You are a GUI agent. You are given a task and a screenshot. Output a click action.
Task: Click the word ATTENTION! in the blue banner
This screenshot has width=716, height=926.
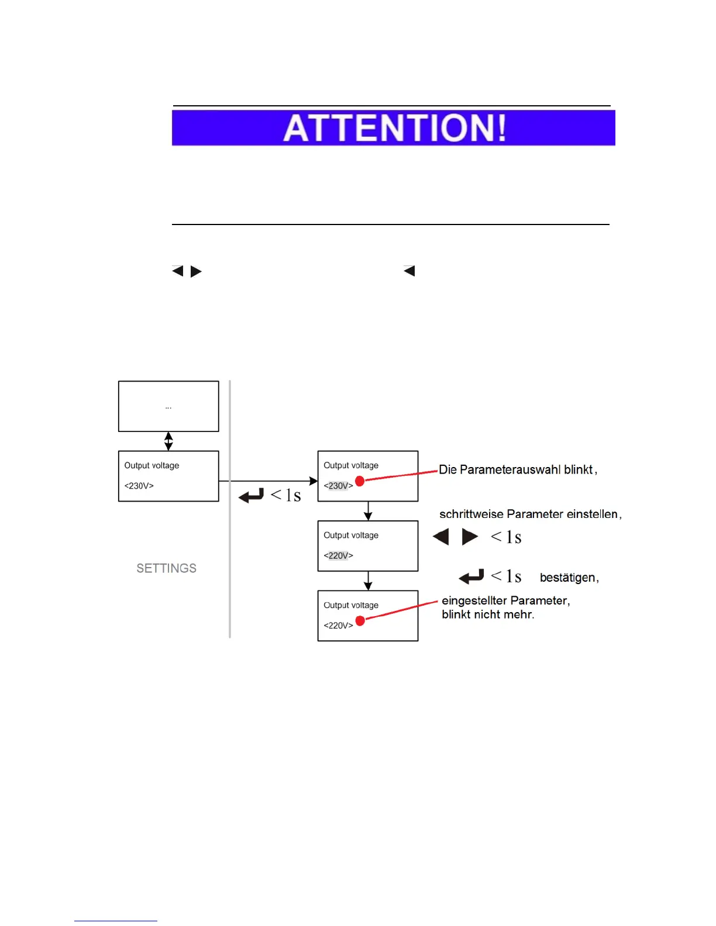point(394,128)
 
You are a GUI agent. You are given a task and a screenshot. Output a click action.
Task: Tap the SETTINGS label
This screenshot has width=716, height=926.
point(166,568)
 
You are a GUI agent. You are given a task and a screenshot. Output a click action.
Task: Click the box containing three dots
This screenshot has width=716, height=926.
point(168,406)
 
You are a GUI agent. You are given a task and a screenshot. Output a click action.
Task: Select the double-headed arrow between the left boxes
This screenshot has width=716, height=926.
point(168,441)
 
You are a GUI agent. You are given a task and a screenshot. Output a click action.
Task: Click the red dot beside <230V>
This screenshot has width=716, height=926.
point(360,481)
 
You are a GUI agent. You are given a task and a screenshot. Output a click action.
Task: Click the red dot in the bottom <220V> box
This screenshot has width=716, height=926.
point(360,620)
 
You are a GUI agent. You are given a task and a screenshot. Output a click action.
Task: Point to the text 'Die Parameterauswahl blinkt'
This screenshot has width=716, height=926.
point(516,469)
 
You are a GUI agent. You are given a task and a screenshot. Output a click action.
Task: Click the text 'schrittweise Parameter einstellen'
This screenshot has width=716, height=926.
point(529,514)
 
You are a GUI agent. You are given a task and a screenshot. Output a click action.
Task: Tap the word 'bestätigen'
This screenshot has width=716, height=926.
point(567,578)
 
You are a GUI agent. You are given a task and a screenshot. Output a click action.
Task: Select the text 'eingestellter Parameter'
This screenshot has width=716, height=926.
point(505,600)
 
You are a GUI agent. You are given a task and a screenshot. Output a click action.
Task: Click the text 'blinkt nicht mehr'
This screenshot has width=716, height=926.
point(487,614)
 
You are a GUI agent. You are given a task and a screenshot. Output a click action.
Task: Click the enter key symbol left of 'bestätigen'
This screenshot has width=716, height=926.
point(471,577)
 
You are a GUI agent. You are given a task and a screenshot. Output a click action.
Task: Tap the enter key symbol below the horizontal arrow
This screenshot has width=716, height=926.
point(252,496)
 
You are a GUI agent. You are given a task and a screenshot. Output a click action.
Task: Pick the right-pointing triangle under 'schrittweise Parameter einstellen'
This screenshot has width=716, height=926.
point(470,537)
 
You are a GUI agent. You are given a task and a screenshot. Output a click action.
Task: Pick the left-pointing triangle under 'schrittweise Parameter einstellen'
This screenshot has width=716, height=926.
point(441,537)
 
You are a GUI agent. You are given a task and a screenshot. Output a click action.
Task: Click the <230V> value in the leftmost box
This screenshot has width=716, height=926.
point(139,486)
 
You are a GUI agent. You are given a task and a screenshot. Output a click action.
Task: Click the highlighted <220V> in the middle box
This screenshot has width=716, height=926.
point(338,555)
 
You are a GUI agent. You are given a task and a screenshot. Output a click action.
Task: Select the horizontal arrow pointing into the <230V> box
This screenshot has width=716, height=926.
point(269,481)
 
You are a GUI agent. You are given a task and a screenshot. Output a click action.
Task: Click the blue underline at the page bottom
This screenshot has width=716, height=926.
point(115,921)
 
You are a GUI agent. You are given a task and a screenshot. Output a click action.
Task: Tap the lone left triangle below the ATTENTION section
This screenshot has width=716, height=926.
point(409,271)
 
